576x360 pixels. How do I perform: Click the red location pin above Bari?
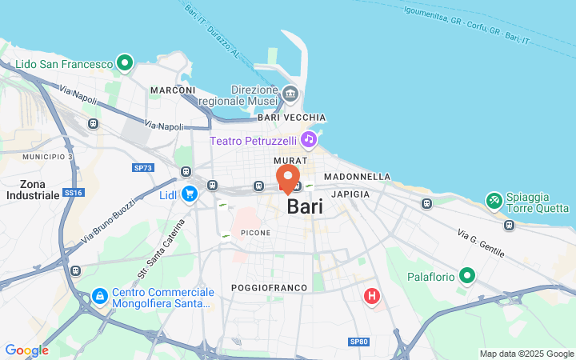[x=288, y=178]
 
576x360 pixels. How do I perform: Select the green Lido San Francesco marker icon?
[x=124, y=62]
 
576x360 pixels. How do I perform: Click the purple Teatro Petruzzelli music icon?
[x=309, y=140]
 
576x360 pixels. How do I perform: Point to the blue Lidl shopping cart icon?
[x=190, y=194]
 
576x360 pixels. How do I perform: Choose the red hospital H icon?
[x=371, y=297]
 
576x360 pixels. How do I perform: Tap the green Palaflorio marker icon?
[x=467, y=278]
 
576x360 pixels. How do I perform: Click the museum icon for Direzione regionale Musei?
[x=290, y=95]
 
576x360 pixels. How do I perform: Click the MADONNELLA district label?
[x=357, y=176]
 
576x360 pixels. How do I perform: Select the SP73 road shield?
[x=142, y=167]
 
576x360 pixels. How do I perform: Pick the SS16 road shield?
[x=74, y=193]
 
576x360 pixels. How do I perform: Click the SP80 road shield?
[x=359, y=342]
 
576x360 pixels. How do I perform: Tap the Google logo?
[x=26, y=350]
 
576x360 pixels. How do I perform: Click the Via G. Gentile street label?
[x=481, y=243]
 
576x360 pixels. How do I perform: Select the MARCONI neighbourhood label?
[x=173, y=90]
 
